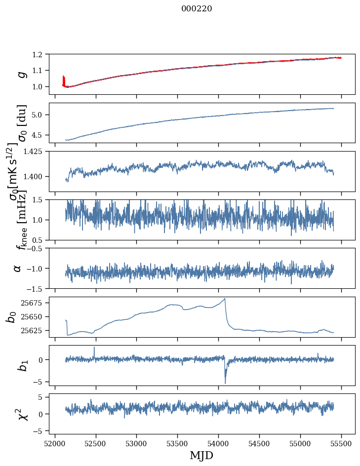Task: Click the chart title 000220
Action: (197, 8)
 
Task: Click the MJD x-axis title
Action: (201, 456)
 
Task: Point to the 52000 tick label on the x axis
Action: (55, 442)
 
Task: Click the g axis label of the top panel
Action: (21, 74)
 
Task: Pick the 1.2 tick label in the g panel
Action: (42, 54)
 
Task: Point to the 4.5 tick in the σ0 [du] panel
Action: (42, 135)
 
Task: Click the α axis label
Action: (17, 268)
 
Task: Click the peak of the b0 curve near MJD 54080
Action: (225, 299)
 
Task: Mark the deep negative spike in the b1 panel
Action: (225, 383)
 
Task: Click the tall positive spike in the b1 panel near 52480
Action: (94, 348)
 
